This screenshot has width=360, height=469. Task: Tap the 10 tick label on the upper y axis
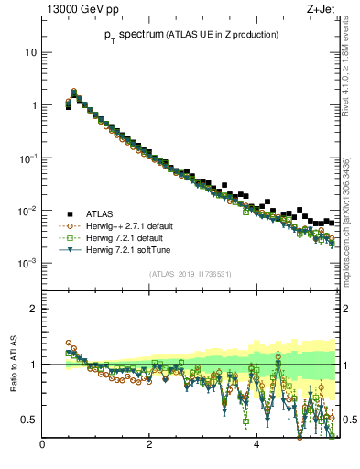pos(31,52)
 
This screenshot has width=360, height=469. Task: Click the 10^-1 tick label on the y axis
pos(28,158)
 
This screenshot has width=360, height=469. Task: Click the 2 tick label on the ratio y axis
pos(34,309)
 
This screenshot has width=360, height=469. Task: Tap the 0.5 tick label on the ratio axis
pos(29,420)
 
